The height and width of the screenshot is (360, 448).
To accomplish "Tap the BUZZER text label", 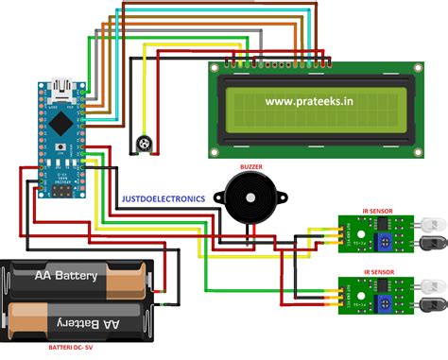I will point(251,166).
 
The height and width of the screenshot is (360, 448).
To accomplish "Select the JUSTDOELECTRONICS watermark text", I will point(163,199).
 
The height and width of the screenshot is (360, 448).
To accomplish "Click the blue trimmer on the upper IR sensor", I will point(386,242).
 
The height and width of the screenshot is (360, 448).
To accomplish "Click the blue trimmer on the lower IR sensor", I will point(386,303).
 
